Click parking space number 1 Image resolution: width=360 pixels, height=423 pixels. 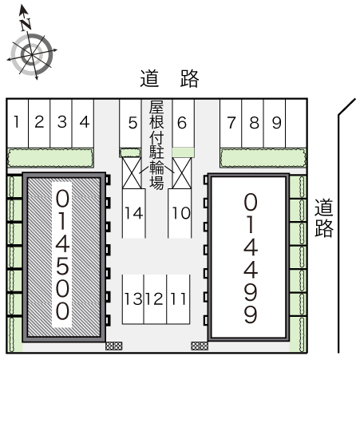click(18, 124)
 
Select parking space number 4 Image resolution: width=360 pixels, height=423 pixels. click(83, 124)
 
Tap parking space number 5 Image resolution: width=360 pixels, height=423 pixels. click(130, 124)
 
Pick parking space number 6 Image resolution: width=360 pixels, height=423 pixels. click(184, 124)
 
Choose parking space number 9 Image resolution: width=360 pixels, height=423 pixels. click(275, 124)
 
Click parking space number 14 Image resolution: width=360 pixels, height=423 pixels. click(134, 213)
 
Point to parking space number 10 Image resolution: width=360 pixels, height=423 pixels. click(180, 213)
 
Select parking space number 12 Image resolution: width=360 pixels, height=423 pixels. click(155, 299)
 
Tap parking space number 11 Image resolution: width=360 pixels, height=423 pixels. click(178, 299)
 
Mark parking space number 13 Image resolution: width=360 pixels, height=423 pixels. click(133, 299)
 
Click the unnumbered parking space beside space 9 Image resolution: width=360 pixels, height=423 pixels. click(296, 124)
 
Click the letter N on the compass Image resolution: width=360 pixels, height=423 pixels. click(26, 24)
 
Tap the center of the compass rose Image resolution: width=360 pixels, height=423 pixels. click(32, 54)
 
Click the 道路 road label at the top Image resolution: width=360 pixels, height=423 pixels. click(169, 78)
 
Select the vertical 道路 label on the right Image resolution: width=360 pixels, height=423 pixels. click(324, 218)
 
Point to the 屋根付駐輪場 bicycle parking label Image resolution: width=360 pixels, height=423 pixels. click(156, 145)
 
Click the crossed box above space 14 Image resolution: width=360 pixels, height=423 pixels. click(132, 173)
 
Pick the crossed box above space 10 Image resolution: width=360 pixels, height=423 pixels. click(182, 173)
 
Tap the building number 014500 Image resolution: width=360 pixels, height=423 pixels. click(62, 255)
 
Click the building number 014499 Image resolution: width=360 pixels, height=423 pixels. click(251, 258)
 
